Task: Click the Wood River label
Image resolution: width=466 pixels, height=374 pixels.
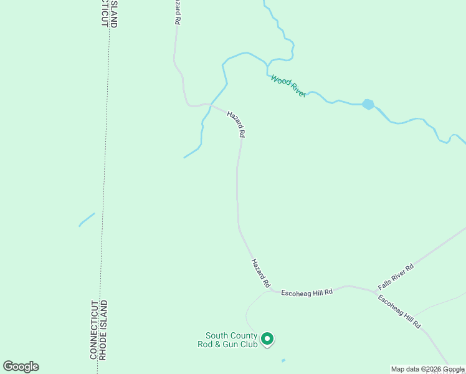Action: point(288,86)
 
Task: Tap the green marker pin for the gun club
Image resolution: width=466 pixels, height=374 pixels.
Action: point(267,339)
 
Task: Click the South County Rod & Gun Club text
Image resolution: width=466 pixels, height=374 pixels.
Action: point(227,340)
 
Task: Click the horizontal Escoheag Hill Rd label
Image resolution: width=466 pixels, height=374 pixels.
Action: point(307,292)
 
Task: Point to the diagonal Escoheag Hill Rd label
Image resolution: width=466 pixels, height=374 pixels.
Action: point(399,312)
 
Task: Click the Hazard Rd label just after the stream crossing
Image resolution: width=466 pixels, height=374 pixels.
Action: point(236,124)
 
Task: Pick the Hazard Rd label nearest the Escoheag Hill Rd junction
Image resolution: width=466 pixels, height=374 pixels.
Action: point(260,273)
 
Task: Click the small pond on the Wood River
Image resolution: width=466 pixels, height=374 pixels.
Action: point(368,104)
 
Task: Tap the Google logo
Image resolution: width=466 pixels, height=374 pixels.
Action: point(21,367)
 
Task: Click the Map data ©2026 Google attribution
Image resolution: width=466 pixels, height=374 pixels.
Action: point(427,369)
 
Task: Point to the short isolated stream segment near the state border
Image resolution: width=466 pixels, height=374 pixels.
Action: point(87,219)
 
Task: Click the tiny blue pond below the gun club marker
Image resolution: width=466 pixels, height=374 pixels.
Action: point(283,360)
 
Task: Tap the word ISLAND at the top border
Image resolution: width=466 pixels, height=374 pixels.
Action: point(114,14)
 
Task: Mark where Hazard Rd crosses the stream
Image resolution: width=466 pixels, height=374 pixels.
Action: point(212,105)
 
